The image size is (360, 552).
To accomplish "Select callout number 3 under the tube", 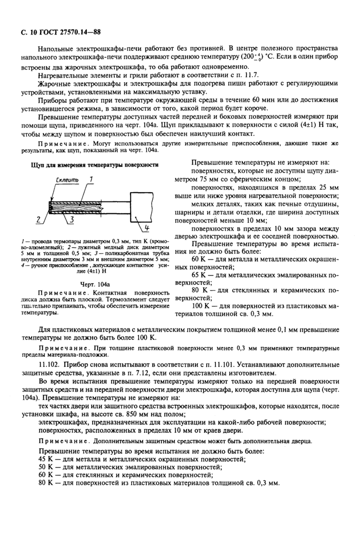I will click(x=72, y=220).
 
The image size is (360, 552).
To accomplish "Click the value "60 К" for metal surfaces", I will click(x=199, y=260).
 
